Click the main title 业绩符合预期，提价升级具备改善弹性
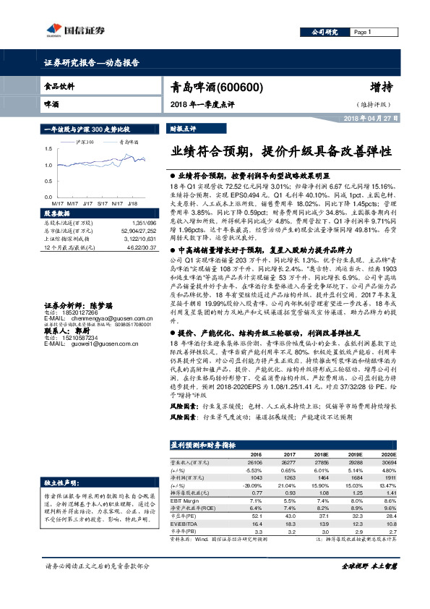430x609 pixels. click(x=282, y=153)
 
